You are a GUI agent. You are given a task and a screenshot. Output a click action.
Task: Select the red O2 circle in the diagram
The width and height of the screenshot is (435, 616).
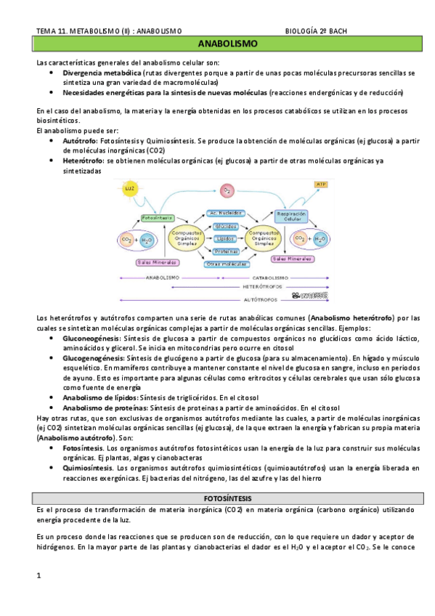pyautogui.click(x=227, y=190)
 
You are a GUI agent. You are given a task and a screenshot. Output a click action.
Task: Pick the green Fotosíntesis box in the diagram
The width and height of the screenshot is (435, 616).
pyautogui.click(x=157, y=217)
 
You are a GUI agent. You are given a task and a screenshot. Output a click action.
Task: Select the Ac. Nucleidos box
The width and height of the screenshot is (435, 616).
pyautogui.click(x=225, y=213)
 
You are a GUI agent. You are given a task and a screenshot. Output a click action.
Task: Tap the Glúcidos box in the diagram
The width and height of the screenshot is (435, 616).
pyautogui.click(x=225, y=226)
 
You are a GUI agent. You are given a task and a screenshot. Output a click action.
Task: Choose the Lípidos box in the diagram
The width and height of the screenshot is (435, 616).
pyautogui.click(x=225, y=238)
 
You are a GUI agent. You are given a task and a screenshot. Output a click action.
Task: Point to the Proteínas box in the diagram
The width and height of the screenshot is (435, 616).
pyautogui.click(x=225, y=251)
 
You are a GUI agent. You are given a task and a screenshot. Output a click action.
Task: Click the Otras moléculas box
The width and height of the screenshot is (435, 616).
pyautogui.click(x=225, y=264)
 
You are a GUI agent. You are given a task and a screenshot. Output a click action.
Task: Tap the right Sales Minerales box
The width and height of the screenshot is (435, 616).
pyautogui.click(x=293, y=259)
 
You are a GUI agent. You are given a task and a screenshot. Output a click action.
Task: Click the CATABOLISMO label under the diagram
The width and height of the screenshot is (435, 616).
pyautogui.click(x=271, y=277)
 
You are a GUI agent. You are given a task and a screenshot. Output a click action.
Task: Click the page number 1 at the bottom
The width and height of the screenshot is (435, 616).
pyautogui.click(x=39, y=576)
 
